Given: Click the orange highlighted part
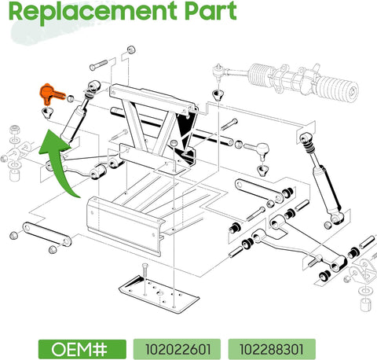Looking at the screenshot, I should pos(49,94).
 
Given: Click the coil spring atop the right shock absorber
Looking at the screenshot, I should pos(309,142).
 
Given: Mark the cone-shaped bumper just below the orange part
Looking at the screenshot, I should pos(46,115).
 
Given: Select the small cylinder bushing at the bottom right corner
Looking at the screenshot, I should pos(364,298).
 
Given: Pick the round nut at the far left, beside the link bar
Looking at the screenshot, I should pos(13,235).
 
